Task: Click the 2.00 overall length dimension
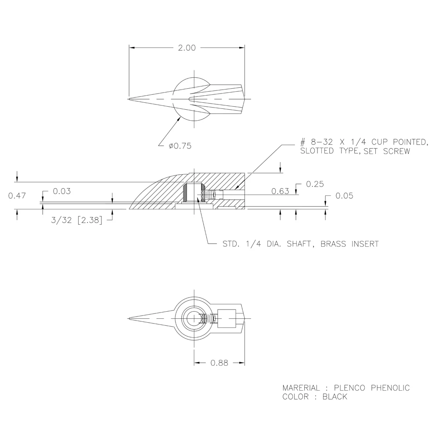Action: (x=187, y=48)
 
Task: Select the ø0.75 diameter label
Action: (x=180, y=146)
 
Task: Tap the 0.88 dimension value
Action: (x=219, y=363)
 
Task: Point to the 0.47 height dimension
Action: (x=17, y=195)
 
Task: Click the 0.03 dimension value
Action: (x=62, y=191)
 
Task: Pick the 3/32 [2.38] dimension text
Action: (x=77, y=220)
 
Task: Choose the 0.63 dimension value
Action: (x=280, y=191)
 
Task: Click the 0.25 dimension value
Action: (x=315, y=184)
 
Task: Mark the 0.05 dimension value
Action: (x=344, y=196)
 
